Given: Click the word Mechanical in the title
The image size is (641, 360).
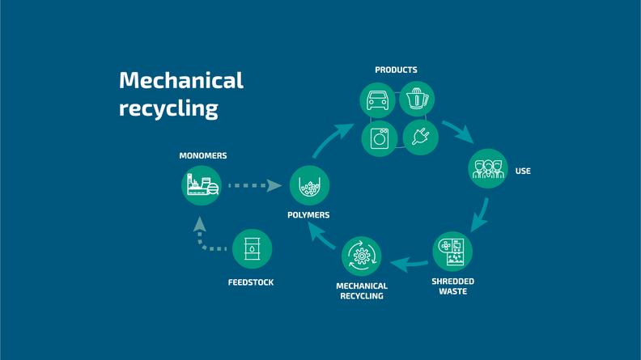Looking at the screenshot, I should point(181,81).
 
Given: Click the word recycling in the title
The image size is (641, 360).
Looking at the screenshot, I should point(168,108).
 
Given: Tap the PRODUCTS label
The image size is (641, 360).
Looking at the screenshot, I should point(396,70).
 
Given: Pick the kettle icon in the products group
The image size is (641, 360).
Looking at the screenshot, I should point(417,99).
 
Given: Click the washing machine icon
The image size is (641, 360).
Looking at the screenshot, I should point(380,138).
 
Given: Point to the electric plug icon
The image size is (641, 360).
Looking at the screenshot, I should point(421,138).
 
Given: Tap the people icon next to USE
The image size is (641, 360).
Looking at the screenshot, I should point(488,168).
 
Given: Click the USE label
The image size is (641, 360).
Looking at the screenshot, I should point(523,172).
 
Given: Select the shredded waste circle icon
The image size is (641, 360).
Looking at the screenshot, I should point(452,251).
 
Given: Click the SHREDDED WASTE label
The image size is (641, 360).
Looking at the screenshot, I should point(452,286).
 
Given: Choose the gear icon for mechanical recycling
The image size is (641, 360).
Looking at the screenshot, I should point(361,256).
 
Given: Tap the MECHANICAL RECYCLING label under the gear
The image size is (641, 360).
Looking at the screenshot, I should point(361,291).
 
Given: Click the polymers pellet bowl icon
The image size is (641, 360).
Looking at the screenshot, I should point(308,186).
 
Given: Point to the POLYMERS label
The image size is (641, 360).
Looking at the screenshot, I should point(308,215).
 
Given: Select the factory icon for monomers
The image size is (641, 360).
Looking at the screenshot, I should point(201,185).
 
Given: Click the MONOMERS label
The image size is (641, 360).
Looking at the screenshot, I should point(202,155).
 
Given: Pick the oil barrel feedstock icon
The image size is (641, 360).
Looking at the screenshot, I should point(252,249).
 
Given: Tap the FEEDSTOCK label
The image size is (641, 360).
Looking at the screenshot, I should point(251,283).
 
